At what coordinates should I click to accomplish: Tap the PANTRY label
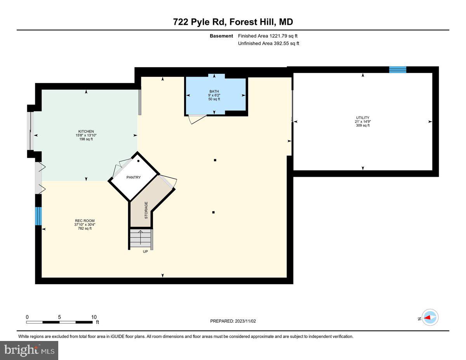[134, 177]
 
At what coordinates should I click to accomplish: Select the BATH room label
[214, 92]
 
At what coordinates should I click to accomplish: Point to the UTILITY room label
[363, 118]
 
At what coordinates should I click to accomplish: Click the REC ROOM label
[85, 221]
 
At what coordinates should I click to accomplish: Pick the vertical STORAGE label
[146, 210]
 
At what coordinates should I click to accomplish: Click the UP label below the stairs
[145, 251]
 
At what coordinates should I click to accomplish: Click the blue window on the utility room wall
[398, 70]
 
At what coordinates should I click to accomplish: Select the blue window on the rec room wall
[38, 216]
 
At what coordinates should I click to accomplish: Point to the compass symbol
[430, 317]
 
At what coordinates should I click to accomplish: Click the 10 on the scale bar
[94, 317]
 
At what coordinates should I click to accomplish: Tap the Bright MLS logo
[30, 350]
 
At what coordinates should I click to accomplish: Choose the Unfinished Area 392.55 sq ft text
[268, 43]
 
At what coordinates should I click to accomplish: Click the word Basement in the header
[221, 36]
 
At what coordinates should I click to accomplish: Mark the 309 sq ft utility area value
[363, 125]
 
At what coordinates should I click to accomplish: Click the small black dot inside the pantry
[138, 161]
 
